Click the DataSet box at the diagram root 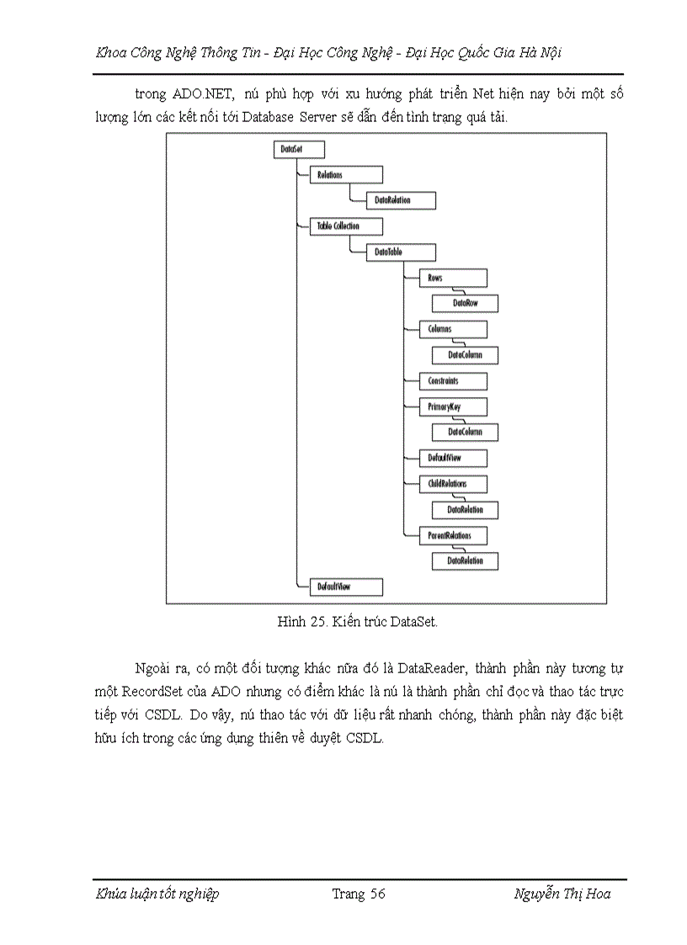click(x=299, y=149)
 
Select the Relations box click(x=346, y=175)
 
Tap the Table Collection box click(x=346, y=226)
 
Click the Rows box click(x=452, y=278)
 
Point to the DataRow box click(x=465, y=303)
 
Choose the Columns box click(x=452, y=329)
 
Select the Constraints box click(x=452, y=381)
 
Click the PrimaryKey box click(x=452, y=406)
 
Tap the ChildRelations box click(x=452, y=484)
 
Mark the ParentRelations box click(x=452, y=535)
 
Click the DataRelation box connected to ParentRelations click(x=465, y=560)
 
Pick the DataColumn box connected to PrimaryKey click(x=465, y=433)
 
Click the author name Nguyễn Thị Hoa click(x=562, y=894)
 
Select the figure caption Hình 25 click(x=358, y=623)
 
